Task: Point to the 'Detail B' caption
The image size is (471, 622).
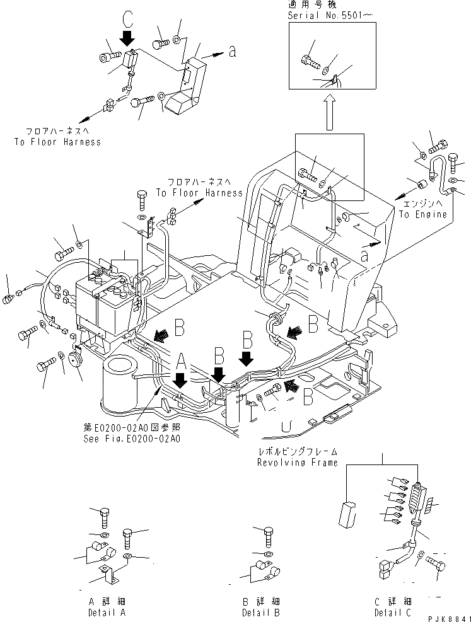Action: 260,612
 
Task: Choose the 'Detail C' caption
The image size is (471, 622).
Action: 394,612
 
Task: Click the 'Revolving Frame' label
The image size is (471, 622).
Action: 297,462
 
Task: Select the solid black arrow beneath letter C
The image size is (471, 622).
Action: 129,38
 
